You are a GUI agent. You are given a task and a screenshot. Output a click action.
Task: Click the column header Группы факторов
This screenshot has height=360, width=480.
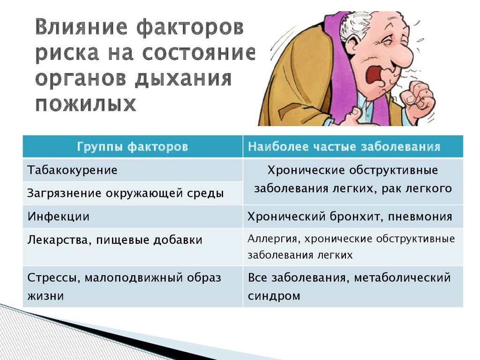pos(132,147)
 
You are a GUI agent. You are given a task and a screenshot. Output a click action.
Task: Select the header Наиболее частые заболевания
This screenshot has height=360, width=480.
pos(344,147)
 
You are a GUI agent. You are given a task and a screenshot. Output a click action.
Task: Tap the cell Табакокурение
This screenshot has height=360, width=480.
pos(72,170)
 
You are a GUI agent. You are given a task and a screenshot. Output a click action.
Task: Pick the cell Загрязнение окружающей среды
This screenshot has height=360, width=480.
pos(126,193)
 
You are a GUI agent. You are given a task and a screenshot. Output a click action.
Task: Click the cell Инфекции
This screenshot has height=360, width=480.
pos(59,217)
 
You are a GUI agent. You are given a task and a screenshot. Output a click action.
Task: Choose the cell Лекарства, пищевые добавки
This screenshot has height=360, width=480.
pos(115,240)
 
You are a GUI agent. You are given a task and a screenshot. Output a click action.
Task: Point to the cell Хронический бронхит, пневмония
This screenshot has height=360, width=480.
pos(350,217)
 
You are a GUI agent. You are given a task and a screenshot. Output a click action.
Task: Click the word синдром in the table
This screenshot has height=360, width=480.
pos(274,296)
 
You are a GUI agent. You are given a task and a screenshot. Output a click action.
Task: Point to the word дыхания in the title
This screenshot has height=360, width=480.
pos(183,79)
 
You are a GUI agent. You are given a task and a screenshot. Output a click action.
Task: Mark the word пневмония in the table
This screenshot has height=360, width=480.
pos(420,217)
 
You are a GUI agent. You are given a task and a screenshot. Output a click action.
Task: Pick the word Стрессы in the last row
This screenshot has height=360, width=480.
pos(53,278)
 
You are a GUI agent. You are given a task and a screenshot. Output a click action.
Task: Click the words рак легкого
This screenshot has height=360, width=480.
pos(417,188)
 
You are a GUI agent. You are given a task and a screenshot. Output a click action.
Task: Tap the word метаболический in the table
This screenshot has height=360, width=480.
pos(402,278)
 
